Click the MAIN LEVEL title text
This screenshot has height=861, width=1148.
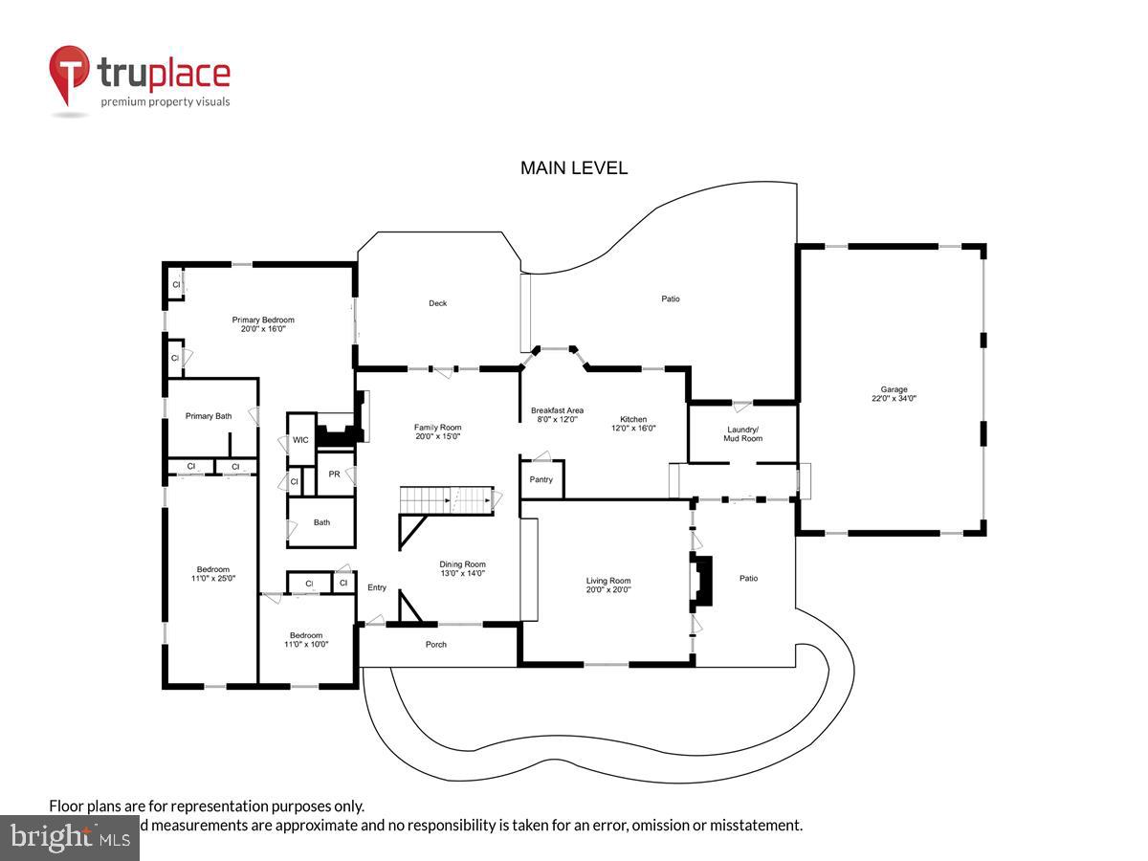point(574,168)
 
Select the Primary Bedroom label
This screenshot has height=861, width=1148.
point(263,320)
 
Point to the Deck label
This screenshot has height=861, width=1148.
point(437,303)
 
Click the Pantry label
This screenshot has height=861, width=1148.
point(541,479)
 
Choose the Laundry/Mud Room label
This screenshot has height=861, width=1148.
point(743,433)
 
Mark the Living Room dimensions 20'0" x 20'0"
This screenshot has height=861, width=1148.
point(608,590)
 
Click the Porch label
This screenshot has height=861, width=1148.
point(436,644)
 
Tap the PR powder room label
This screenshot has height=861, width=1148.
point(335,474)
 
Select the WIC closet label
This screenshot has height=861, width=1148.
point(300,440)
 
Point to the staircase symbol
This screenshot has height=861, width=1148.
point(447,499)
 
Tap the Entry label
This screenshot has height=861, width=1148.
point(377,587)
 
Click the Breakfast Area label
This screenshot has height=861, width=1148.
point(557,410)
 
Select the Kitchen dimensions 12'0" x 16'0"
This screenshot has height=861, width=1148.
point(633,430)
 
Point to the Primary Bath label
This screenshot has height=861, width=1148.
point(209,416)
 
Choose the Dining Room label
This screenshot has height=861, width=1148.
point(463,563)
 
